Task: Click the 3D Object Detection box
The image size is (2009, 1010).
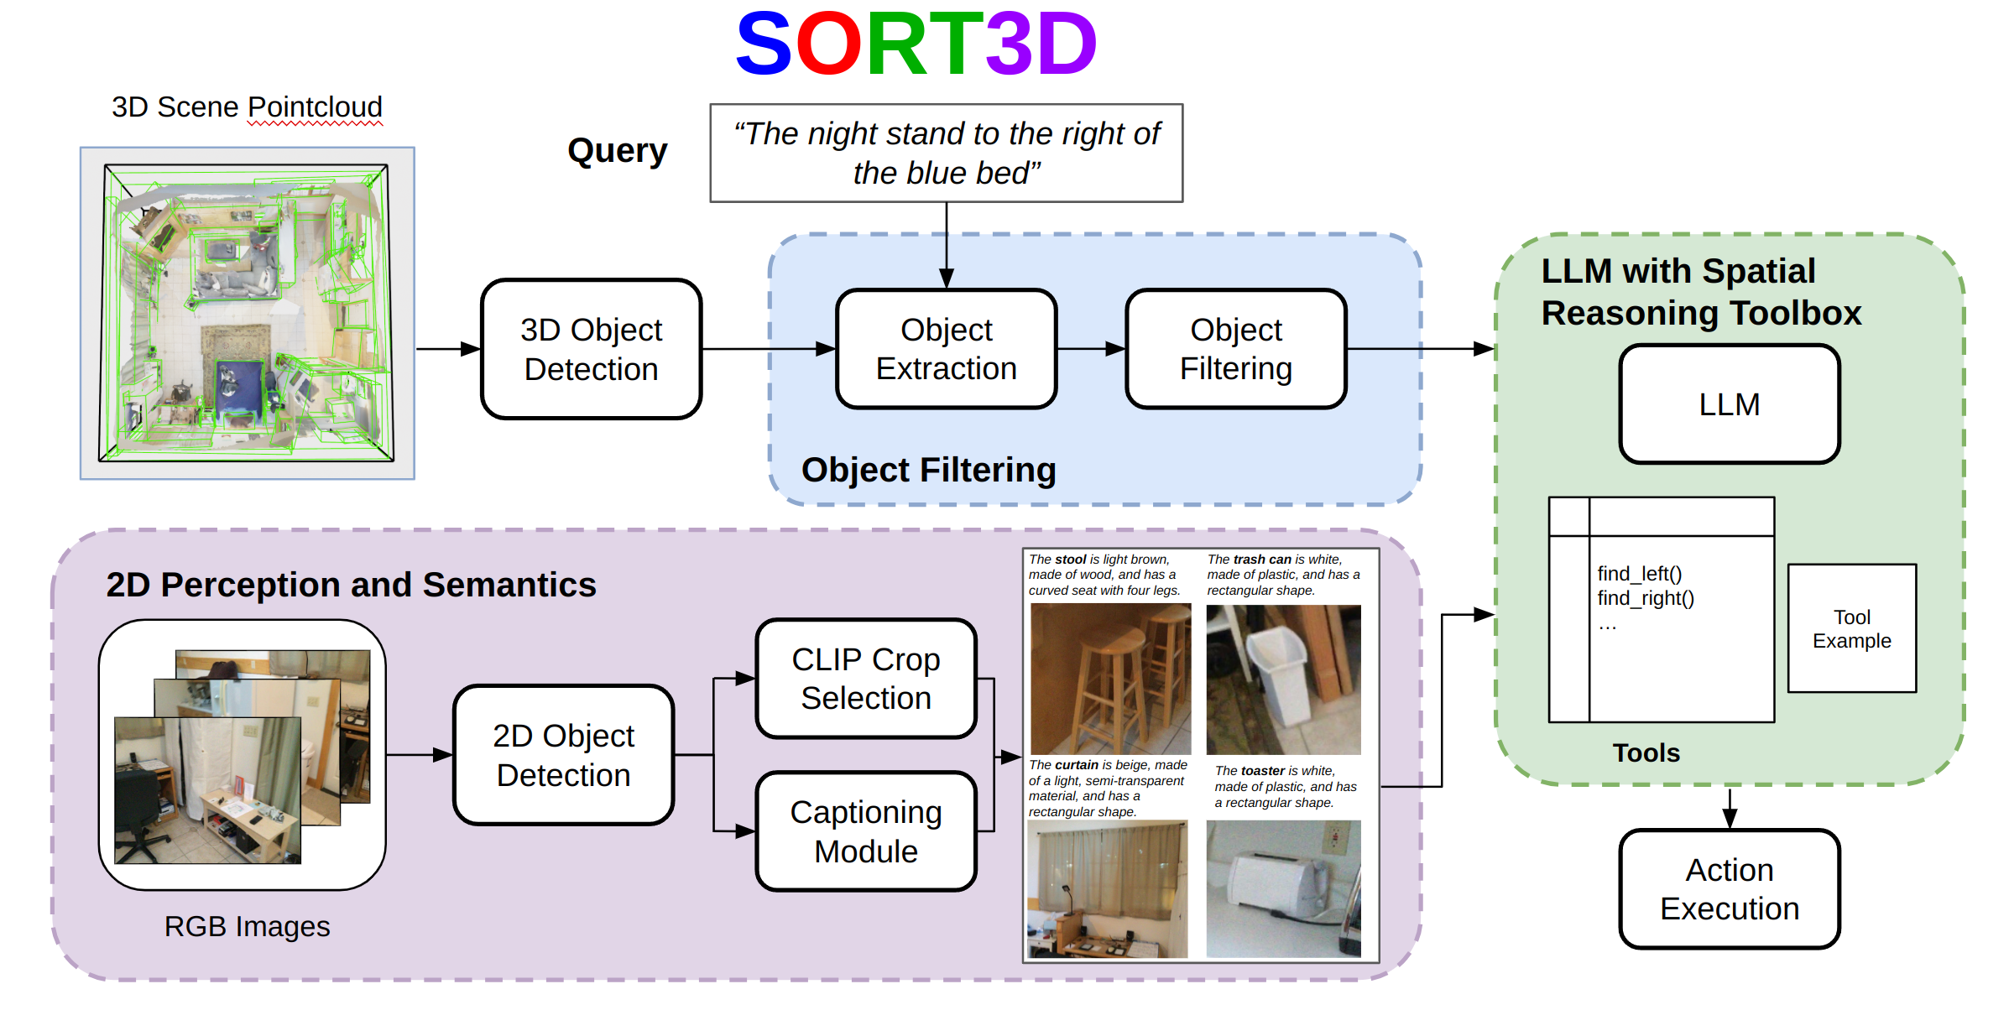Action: [591, 349]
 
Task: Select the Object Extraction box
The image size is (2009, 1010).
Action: [946, 349]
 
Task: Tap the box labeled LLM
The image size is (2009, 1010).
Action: [1729, 404]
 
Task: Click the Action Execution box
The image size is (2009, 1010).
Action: [1729, 889]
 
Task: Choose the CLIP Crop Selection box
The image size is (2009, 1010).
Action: [865, 679]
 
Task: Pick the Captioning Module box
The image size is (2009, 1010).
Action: [865, 831]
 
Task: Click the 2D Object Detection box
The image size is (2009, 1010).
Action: [563, 755]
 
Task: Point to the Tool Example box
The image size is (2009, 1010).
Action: [1851, 628]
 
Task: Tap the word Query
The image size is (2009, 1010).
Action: [617, 151]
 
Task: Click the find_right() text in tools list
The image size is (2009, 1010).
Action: [1645, 598]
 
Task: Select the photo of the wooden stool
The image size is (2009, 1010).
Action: [1109, 678]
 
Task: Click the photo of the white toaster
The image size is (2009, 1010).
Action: [1282, 888]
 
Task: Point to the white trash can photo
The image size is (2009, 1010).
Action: [1282, 678]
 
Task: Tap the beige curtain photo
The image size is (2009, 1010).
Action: [1107, 888]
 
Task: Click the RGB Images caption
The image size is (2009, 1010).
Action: [247, 926]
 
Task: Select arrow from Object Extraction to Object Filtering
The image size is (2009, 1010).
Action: [1091, 349]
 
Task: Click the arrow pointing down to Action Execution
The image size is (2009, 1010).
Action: [1729, 809]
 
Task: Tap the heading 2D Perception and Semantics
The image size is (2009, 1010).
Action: [351, 585]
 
